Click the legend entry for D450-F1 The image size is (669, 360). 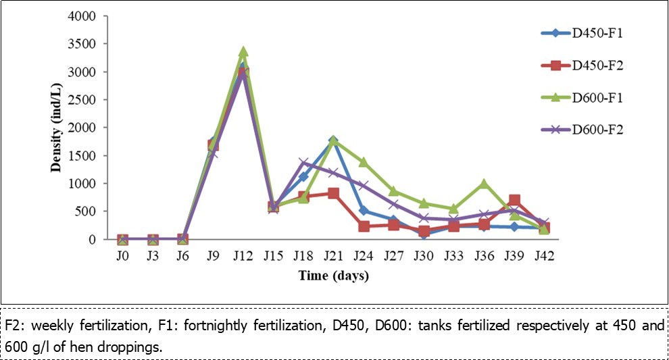click(x=595, y=32)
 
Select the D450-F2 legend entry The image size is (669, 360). click(x=595, y=65)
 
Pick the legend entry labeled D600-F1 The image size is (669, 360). click(x=595, y=97)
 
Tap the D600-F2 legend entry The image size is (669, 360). click(x=595, y=130)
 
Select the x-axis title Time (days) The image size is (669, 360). click(x=333, y=276)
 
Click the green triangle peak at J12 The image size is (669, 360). click(x=243, y=51)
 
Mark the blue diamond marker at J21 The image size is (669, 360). click(x=333, y=140)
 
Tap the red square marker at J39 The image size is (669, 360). click(x=514, y=200)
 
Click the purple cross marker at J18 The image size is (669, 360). click(x=303, y=163)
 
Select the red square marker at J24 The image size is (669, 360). click(x=364, y=226)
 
